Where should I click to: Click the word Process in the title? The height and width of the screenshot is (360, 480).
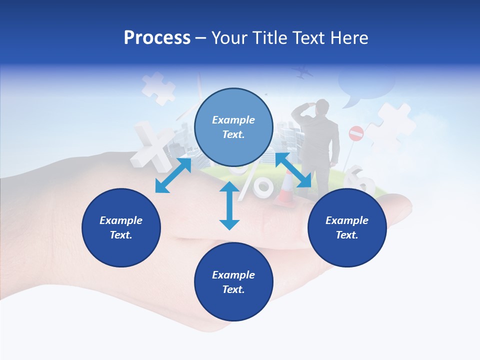157,38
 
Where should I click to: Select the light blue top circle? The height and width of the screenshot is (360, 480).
233,127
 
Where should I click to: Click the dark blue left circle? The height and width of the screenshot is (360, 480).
121,227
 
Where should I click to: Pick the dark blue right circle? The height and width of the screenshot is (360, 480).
347,227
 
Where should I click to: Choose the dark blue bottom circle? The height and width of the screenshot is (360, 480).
233,282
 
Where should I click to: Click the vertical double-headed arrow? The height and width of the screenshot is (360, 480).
229,205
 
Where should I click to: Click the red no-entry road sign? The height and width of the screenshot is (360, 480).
356,133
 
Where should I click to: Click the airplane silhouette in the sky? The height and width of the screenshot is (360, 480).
303,73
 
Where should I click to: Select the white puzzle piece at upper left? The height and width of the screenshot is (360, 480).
158,88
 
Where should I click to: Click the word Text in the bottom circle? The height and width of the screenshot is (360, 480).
233,289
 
